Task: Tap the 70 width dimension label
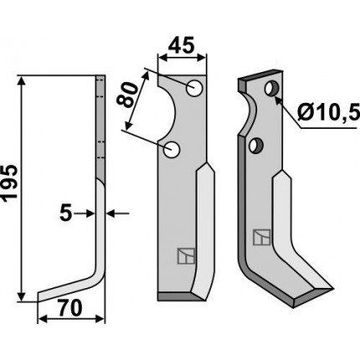tap(70, 308)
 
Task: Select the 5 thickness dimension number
tap(66, 213)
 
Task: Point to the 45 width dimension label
tap(181, 45)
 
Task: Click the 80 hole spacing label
tap(127, 95)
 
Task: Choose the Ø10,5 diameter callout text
tap(328, 113)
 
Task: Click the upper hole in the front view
tap(194, 88)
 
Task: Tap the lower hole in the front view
tap(172, 149)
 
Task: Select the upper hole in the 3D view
tap(272, 88)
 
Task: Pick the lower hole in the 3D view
tap(256, 145)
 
